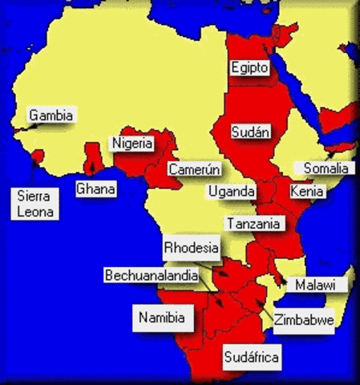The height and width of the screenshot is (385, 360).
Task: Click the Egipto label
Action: point(249,68)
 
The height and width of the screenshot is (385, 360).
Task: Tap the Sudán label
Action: point(250,132)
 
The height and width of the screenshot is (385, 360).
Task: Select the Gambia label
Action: point(51,115)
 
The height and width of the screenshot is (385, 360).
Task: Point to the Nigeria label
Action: point(131,144)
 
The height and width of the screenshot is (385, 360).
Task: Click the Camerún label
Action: point(194,169)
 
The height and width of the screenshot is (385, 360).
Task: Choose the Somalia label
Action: point(326,168)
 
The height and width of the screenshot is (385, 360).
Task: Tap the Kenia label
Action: point(307,192)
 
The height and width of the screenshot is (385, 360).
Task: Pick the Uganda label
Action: point(232,192)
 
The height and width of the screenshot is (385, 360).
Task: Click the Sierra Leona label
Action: point(34,204)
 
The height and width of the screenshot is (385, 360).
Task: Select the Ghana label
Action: point(95,189)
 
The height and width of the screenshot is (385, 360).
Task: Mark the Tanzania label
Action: point(253,224)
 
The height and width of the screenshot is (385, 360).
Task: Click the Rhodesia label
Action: point(191,248)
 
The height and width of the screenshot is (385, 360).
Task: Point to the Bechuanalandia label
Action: point(152,275)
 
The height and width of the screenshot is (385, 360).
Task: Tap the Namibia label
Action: point(164,318)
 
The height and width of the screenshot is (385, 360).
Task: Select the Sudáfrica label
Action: point(252,357)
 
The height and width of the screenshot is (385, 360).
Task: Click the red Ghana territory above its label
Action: point(94,160)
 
